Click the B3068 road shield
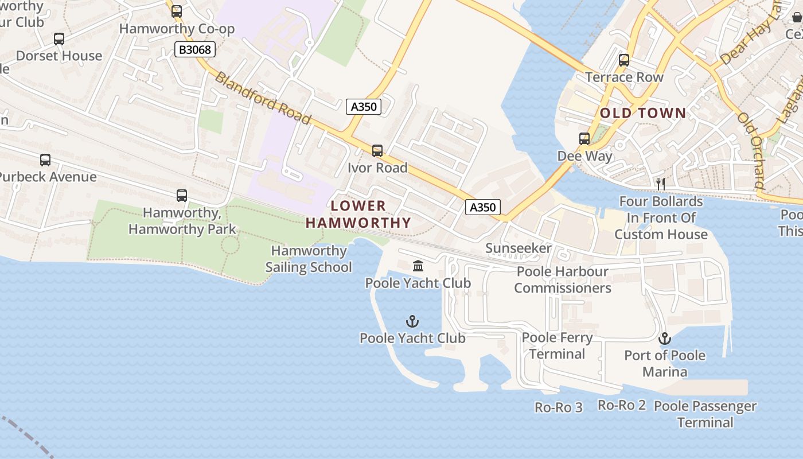tap(195, 49)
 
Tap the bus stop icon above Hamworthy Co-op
tap(177, 11)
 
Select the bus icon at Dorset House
tap(59, 39)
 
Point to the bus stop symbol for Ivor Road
tap(377, 151)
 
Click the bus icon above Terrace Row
tap(624, 60)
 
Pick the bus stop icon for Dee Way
tap(584, 139)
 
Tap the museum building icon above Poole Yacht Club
tap(418, 266)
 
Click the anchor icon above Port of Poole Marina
tap(665, 339)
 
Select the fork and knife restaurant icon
tap(661, 184)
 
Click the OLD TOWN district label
tap(643, 113)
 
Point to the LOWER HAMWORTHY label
tap(358, 215)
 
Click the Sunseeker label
tap(519, 248)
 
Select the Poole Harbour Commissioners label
tap(563, 279)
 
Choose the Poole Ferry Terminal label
tap(558, 345)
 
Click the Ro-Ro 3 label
tap(559, 407)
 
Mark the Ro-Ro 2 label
tap(622, 405)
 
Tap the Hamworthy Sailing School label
tap(309, 259)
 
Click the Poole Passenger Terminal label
tap(705, 414)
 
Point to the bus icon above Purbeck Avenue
tap(45, 160)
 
